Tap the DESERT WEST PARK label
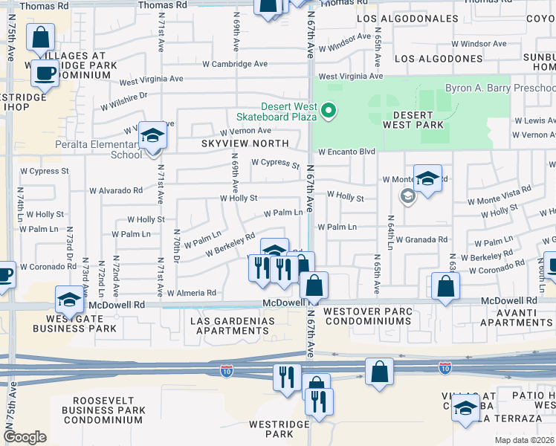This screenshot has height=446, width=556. click(403, 120)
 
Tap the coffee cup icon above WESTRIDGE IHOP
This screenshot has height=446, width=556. click(45, 73)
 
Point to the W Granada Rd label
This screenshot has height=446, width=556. click(421, 239)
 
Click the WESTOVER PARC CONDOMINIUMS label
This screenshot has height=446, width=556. click(366, 316)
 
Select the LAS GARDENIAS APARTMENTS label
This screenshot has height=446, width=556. click(233, 326)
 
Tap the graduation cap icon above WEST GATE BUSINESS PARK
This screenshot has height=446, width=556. click(69, 300)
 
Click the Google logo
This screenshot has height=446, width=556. click(25, 437)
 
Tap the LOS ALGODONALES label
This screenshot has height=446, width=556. click(407, 18)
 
